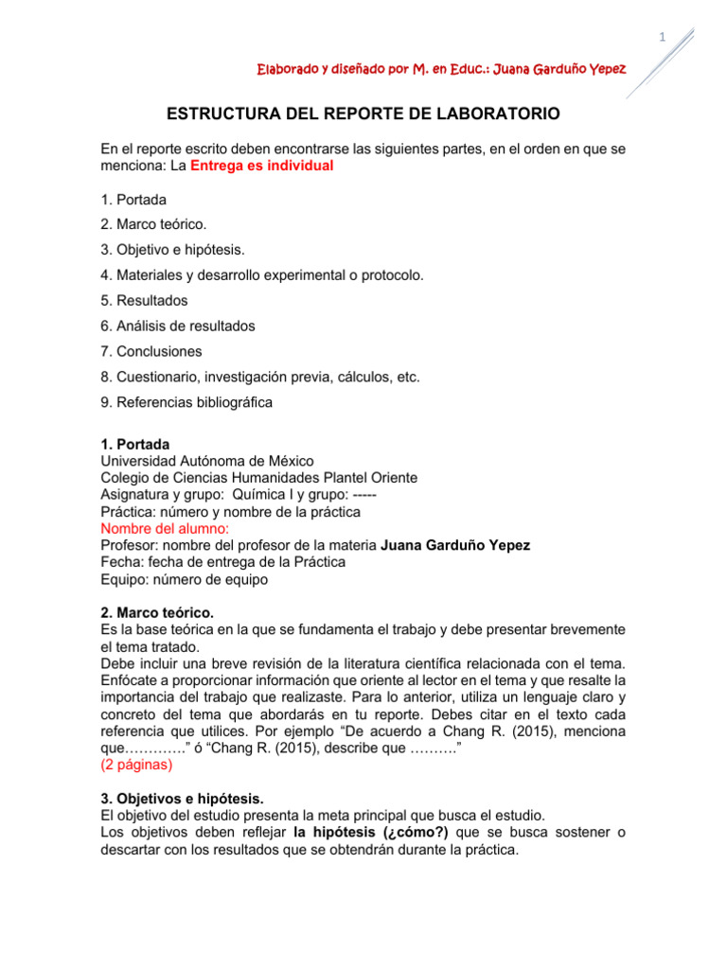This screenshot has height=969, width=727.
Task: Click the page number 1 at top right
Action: point(663,37)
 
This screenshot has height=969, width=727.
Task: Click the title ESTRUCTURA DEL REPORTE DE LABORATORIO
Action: point(363,114)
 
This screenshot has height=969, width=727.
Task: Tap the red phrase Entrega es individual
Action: point(261,166)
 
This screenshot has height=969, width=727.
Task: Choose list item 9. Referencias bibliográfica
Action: point(186,402)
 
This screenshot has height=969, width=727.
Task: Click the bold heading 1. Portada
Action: point(135,444)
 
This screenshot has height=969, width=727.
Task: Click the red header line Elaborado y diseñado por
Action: point(440,70)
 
